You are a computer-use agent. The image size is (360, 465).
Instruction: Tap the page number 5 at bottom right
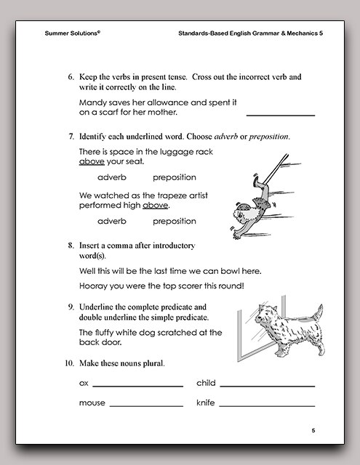point(313,431)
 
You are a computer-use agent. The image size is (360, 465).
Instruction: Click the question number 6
point(71,76)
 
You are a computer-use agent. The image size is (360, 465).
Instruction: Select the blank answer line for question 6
point(281,115)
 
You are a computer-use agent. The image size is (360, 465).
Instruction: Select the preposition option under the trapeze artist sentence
point(175,221)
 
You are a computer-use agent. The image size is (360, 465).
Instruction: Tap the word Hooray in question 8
point(95,286)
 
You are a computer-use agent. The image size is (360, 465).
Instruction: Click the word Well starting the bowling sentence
point(88,271)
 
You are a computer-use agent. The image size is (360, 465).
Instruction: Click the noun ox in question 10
point(83,383)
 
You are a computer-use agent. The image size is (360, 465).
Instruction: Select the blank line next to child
point(267,385)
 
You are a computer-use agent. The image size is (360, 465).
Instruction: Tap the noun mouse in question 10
point(92,403)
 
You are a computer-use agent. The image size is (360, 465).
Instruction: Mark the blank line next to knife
point(267,405)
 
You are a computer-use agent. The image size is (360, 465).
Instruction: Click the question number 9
point(71,307)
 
